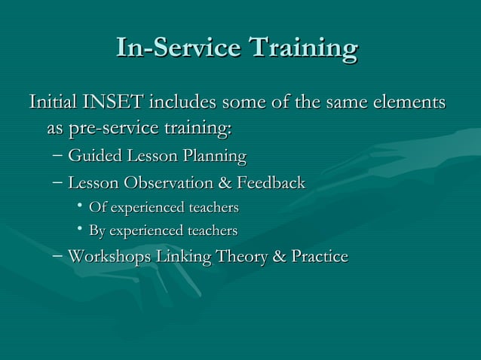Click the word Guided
pyautogui.click(x=91, y=157)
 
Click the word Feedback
pyautogui.click(x=271, y=183)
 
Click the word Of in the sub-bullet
pyautogui.click(x=97, y=207)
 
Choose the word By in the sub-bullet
pyautogui.click(x=97, y=230)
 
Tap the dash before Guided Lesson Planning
pyautogui.click(x=59, y=157)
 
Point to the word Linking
pyautogui.click(x=184, y=257)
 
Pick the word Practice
pyautogui.click(x=317, y=257)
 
